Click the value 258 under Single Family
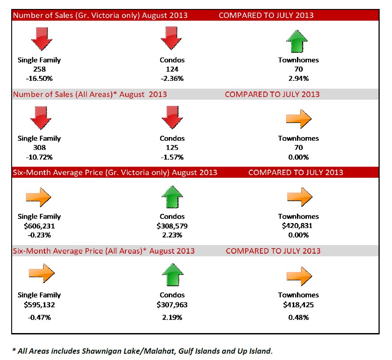tap(39, 69)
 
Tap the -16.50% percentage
tap(39, 78)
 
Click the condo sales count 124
tap(172, 69)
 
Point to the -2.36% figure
tap(172, 78)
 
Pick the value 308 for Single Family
tap(39, 148)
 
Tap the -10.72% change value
tap(39, 157)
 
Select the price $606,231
tap(39, 226)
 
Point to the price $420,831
tap(298, 226)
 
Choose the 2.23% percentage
tap(172, 235)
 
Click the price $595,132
tap(39, 305)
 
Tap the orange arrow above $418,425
tap(298, 275)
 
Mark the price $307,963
tap(172, 305)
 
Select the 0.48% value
tap(298, 317)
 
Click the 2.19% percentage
tap(172, 317)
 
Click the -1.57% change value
tap(172, 157)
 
